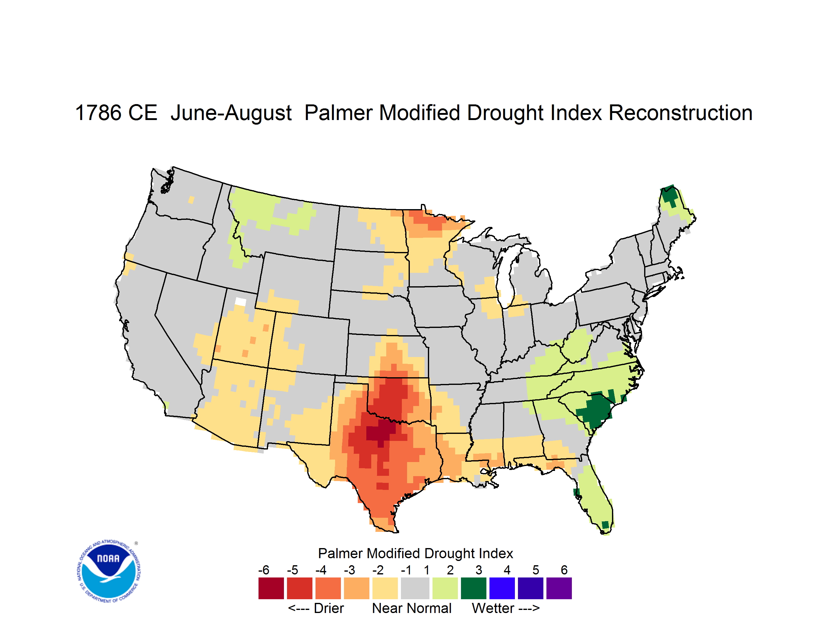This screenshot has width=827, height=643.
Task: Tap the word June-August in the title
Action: click(x=231, y=114)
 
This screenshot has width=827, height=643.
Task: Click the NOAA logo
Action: click(x=109, y=571)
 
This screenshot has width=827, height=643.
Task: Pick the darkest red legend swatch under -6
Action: click(x=271, y=588)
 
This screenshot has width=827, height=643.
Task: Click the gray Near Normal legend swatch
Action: click(x=415, y=588)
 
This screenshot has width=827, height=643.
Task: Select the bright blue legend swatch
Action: click(x=502, y=588)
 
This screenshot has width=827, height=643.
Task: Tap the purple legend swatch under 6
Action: click(x=559, y=588)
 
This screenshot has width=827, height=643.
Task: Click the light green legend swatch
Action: click(x=445, y=588)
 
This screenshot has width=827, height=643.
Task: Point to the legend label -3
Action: click(x=349, y=570)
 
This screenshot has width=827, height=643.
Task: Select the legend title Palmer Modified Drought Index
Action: click(x=415, y=553)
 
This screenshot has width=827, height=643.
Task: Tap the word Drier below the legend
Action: click(x=329, y=608)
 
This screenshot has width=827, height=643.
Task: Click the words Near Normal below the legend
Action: click(x=412, y=608)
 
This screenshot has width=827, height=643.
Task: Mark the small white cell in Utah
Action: click(x=240, y=302)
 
